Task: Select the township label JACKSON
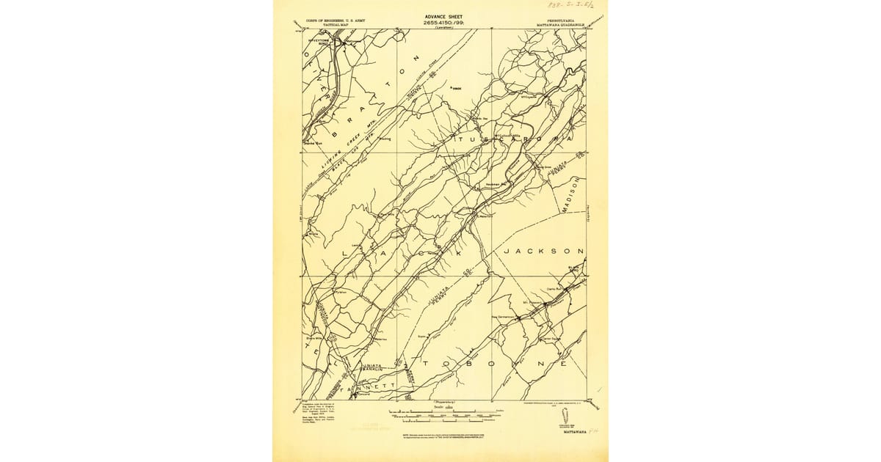543,251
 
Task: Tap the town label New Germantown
504,316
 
